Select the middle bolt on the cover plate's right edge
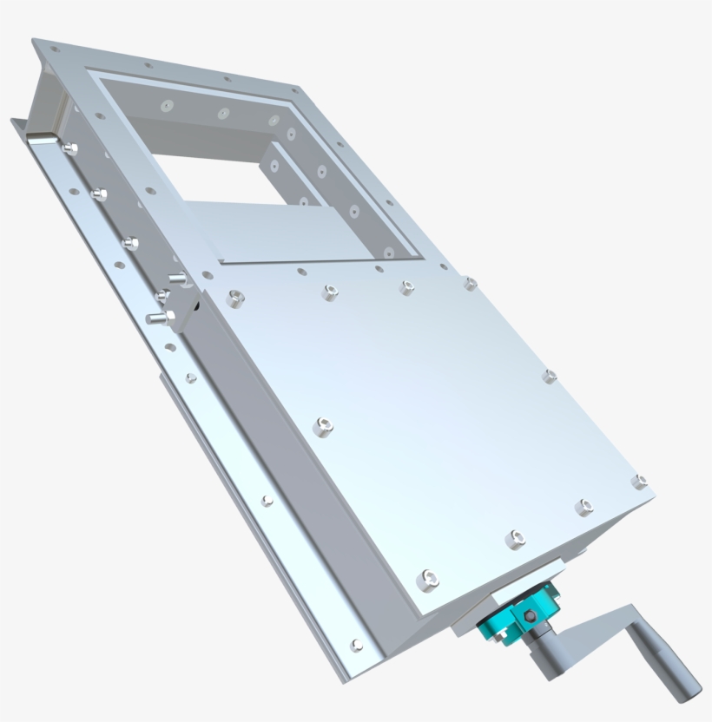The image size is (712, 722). point(549,376)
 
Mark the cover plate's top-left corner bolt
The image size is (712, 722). point(234,299)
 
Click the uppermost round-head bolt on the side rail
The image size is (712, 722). point(69,148)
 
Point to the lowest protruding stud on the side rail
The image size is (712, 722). point(156,318)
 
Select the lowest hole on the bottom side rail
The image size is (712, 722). point(356,644)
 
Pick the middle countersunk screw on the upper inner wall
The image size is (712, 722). point(223,113)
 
